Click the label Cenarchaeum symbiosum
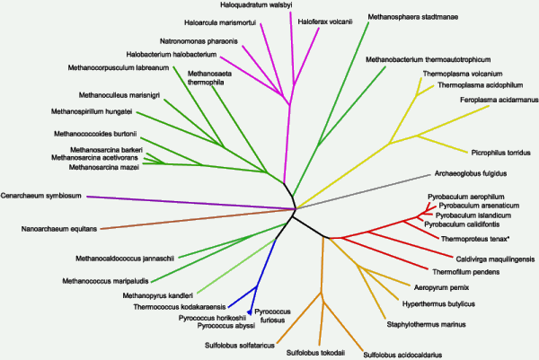tap(41, 195)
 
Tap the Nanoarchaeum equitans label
tap(58, 229)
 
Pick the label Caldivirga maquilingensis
tap(490, 257)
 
